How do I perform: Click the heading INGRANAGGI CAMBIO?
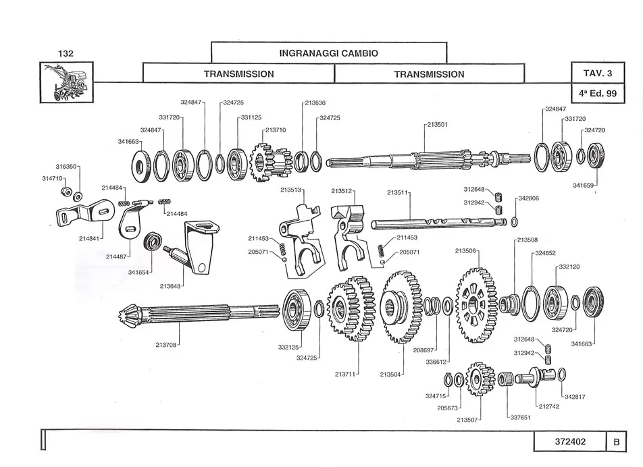click(x=328, y=53)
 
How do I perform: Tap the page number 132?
click(x=66, y=53)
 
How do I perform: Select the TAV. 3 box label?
click(x=598, y=73)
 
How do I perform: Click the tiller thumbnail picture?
click(x=66, y=82)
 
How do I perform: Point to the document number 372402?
click(x=571, y=441)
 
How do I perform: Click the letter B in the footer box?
click(x=617, y=442)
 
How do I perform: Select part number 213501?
click(x=437, y=125)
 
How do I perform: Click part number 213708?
click(x=165, y=345)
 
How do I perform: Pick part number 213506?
click(x=465, y=250)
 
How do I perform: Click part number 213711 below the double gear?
click(x=345, y=374)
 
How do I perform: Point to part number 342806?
click(x=529, y=198)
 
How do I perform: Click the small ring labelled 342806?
click(x=514, y=223)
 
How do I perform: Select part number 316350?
click(x=66, y=167)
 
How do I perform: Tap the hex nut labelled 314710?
click(x=64, y=191)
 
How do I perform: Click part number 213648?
click(x=170, y=286)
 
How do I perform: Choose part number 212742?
click(x=548, y=406)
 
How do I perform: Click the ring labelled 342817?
click(x=562, y=375)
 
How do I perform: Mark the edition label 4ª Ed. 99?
click(x=598, y=93)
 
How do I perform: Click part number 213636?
click(x=315, y=103)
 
